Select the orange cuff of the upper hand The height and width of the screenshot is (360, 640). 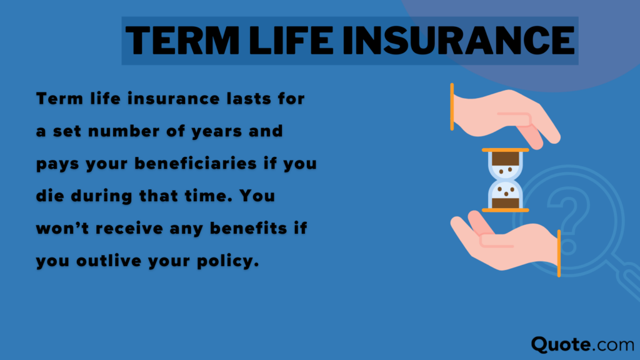coord(452,106)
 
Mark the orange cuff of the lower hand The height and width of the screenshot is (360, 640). coord(558,253)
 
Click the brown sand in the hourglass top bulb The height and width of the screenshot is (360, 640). coord(505,159)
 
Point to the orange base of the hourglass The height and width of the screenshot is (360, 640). coord(505,210)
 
